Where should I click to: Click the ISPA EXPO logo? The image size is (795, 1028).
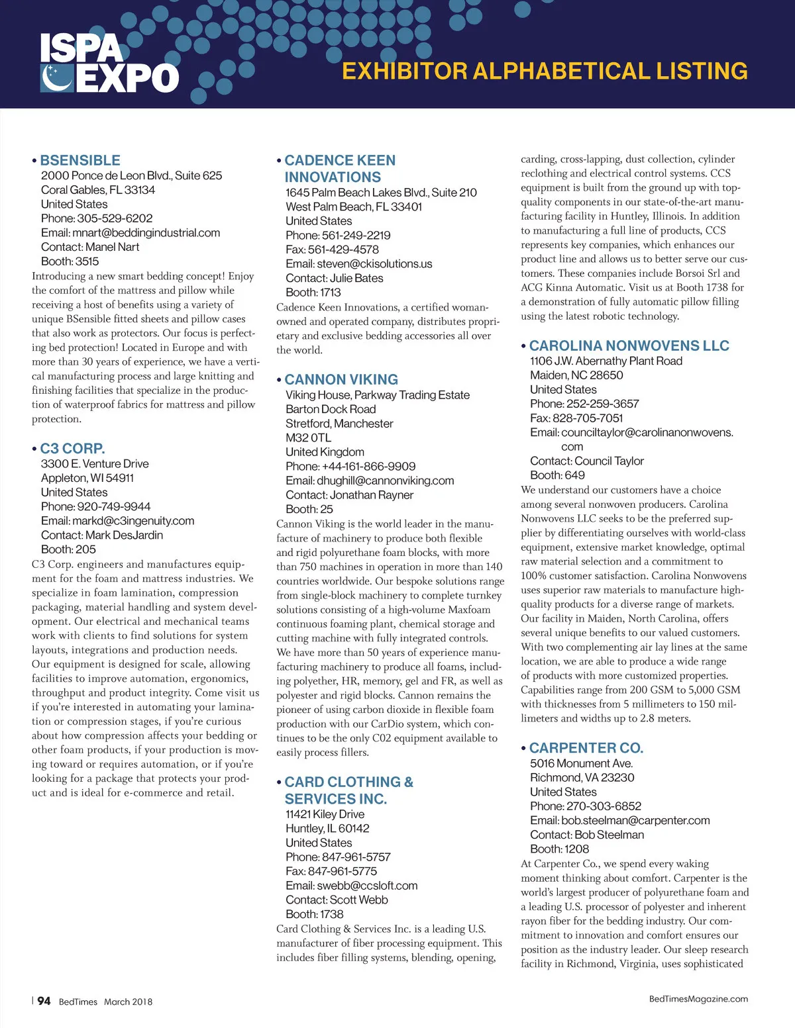coord(109,64)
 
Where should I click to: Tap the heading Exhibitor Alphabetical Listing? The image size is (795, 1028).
coord(545,71)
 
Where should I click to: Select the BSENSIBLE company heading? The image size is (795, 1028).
coord(79,160)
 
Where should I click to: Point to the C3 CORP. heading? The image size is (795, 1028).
coord(72,448)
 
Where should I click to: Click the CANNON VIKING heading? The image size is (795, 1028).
coord(341,379)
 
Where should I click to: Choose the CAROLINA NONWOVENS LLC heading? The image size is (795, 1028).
coord(629,346)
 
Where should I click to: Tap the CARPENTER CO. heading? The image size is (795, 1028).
coord(586,748)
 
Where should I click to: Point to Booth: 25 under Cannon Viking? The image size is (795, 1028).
coord(309,509)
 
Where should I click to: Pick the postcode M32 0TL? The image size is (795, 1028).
coord(308,438)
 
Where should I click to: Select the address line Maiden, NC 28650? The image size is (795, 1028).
coord(576,375)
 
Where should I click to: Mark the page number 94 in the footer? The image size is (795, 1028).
coord(44,1001)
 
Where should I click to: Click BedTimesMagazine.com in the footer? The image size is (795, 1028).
coord(698,999)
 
